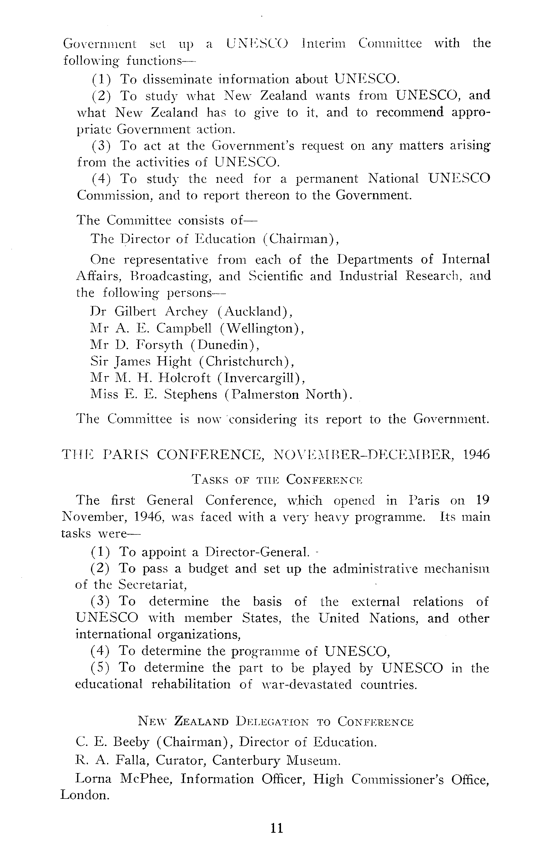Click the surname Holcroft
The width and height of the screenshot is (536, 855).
(x=184, y=378)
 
